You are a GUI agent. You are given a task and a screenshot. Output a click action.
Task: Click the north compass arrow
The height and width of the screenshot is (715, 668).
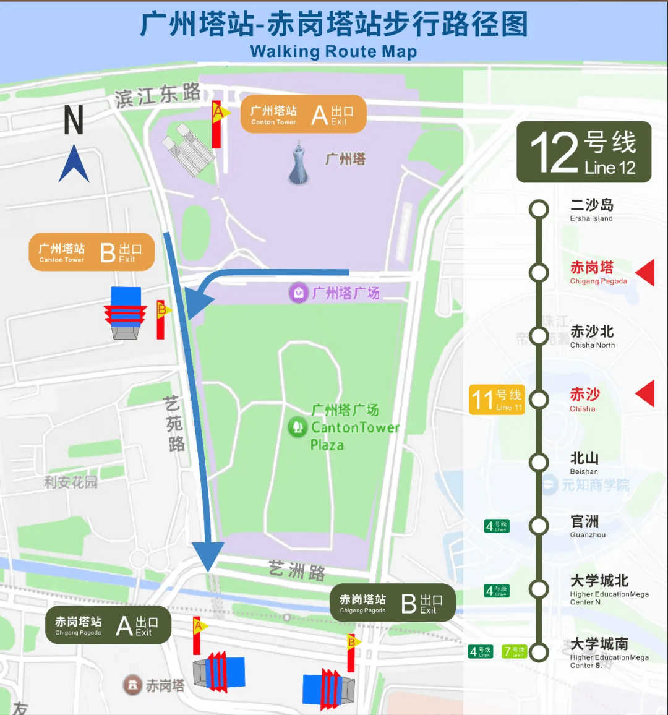74,163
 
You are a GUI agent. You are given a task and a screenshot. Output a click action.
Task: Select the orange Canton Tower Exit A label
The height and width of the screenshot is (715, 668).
303,114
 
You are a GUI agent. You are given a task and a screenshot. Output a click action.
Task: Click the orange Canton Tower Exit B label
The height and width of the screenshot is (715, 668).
92,252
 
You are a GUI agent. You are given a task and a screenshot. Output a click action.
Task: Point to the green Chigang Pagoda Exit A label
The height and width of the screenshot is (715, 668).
108,625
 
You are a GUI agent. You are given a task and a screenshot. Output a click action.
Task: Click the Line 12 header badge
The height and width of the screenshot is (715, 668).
584,152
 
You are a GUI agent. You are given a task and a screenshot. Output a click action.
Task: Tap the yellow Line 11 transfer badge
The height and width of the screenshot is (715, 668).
497,399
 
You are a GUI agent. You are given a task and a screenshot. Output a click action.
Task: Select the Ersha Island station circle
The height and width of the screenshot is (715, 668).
539,210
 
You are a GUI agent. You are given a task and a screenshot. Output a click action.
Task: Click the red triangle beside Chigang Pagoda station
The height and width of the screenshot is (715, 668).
646,273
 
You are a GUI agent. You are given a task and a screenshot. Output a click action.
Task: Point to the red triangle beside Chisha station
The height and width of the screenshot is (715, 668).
646,394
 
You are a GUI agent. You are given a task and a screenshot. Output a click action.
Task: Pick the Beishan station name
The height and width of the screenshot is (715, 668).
584,458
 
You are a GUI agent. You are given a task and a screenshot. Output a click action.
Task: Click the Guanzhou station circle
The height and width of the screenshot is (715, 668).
539,526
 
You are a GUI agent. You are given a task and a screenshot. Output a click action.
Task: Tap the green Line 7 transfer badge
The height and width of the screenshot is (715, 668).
514,651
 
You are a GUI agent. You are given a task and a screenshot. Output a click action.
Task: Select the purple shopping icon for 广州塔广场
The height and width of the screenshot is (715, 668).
298,293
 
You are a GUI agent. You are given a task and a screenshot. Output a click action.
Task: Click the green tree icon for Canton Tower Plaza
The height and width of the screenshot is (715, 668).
298,426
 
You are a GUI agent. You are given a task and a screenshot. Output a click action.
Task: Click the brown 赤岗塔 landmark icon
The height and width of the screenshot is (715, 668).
132,685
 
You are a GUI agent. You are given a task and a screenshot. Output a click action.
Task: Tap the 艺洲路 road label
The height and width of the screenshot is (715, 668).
298,570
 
